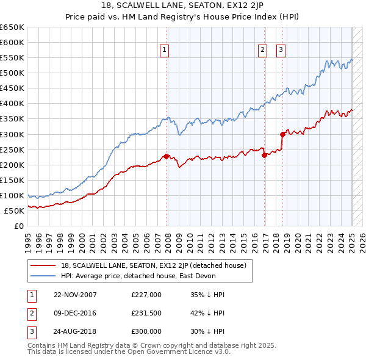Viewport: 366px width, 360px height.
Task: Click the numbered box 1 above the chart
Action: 165,51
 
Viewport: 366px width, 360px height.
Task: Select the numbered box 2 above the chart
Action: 262,51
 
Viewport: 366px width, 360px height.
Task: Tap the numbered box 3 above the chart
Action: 281,51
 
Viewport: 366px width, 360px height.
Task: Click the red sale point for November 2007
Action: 167,156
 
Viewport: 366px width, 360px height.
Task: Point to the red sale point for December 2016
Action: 264,155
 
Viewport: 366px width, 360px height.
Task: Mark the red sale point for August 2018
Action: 282,134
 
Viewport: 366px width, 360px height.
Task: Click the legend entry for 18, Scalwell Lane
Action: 153,265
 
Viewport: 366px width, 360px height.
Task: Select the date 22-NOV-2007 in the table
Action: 75,295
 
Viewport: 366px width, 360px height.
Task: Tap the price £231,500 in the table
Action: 146,313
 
